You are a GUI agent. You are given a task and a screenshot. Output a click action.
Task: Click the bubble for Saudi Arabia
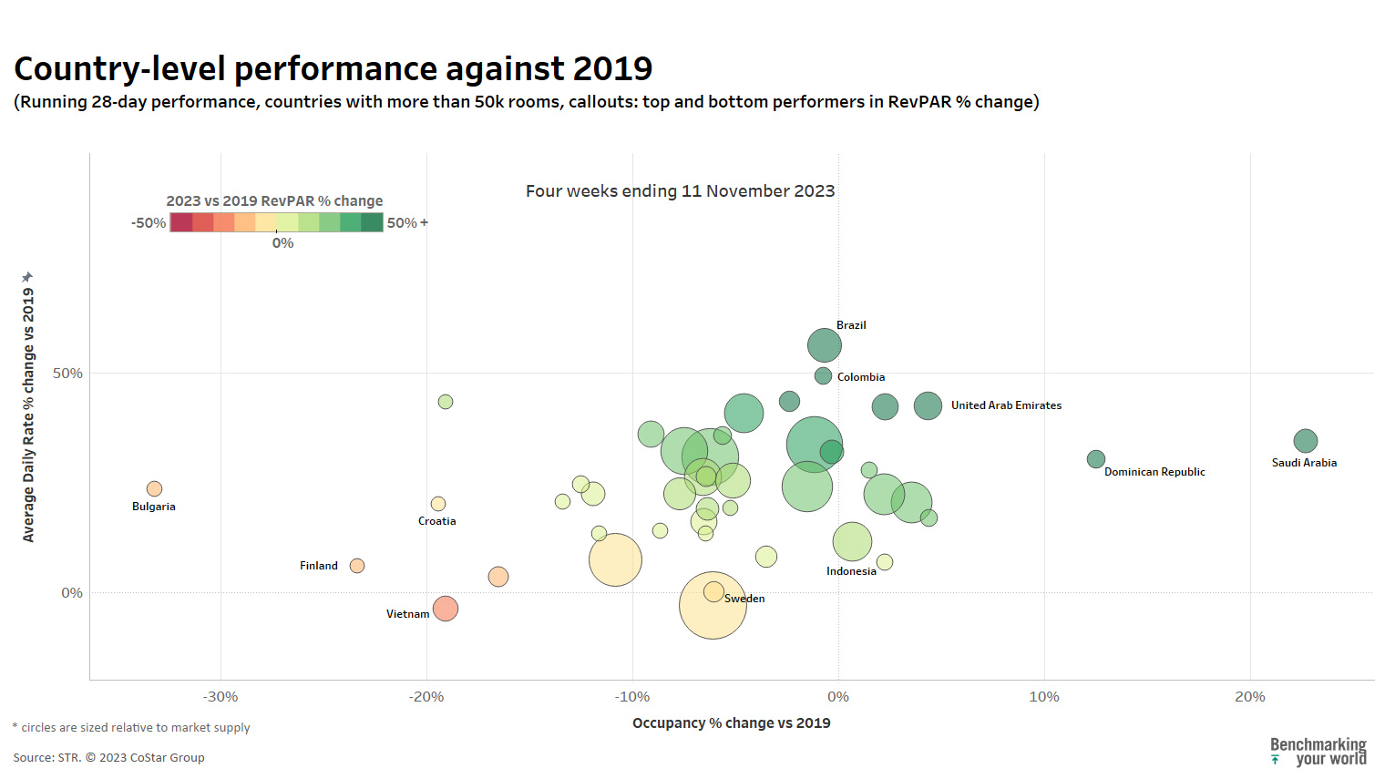[x=1305, y=441]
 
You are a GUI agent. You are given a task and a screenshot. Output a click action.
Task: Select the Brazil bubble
[x=824, y=345]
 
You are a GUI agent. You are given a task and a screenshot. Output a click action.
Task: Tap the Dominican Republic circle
[x=1095, y=459]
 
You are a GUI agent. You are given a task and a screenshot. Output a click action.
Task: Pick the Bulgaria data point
[x=154, y=489]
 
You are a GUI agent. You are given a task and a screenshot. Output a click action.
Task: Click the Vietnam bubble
[x=445, y=609]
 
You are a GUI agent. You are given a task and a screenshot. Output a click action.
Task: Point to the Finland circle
[x=357, y=566]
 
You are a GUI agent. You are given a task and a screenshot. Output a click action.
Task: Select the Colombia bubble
[x=823, y=375]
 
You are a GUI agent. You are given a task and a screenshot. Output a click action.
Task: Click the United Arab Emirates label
[x=1006, y=405]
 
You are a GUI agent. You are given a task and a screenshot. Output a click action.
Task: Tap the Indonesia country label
[x=851, y=571]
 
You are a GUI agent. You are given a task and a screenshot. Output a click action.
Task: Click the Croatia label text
[x=436, y=521]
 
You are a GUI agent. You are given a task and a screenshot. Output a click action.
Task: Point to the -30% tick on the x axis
[x=221, y=697]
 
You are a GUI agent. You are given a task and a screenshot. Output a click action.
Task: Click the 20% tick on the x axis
[x=1249, y=697]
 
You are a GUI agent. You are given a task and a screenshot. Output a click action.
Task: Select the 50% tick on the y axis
[x=67, y=374]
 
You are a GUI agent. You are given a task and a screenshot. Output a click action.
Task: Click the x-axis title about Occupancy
[x=731, y=723]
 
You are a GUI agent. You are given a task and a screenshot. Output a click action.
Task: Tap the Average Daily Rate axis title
[x=28, y=410]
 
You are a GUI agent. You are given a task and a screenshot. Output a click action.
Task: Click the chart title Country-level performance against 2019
[x=333, y=69]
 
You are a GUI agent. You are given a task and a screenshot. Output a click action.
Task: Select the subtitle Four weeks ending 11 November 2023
[x=680, y=191]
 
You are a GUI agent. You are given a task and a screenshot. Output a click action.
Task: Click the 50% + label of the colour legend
[x=407, y=223]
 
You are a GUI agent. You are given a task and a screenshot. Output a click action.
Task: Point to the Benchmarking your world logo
[x=1318, y=752]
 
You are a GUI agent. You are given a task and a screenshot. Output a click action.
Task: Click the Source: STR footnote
[x=108, y=758]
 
